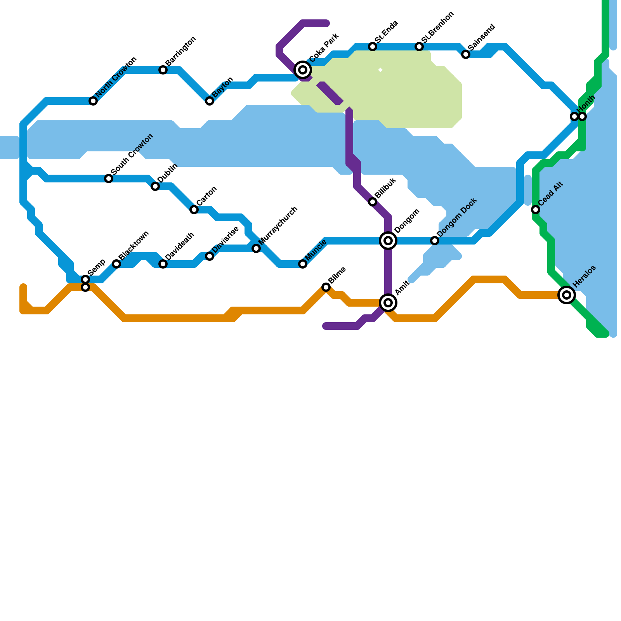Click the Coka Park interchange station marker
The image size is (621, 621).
(x=303, y=70)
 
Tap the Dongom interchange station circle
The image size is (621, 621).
(x=388, y=241)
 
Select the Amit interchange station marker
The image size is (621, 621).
(x=388, y=303)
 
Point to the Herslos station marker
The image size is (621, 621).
(x=567, y=295)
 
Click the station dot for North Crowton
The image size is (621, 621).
(x=93, y=101)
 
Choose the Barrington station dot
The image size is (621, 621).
(x=163, y=70)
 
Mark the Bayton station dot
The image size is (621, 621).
(x=210, y=101)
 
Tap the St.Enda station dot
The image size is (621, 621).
(x=373, y=47)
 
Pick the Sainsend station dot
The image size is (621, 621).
(x=466, y=54)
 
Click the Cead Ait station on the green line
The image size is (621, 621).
(x=536, y=210)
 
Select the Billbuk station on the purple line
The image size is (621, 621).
(x=373, y=202)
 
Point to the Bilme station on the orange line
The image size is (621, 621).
(x=326, y=287)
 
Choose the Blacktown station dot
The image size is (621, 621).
(x=116, y=264)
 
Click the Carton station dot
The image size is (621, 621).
(x=194, y=210)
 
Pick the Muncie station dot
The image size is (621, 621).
(x=303, y=264)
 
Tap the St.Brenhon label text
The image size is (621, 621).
(x=437, y=27)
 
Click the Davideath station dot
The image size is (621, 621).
(x=163, y=264)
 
